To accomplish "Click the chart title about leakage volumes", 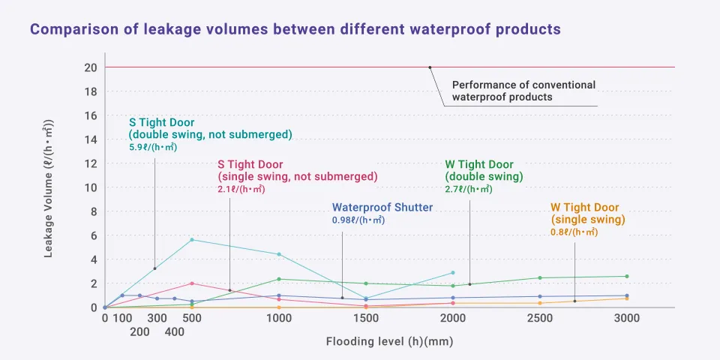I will click(x=295, y=30).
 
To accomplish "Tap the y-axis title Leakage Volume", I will click(x=49, y=187).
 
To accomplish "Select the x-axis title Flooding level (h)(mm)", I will click(x=389, y=341).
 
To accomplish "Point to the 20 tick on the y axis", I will click(x=91, y=67).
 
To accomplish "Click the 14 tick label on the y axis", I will click(x=91, y=139).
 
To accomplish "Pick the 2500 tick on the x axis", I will click(x=540, y=318).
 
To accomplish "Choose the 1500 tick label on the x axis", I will click(x=366, y=318).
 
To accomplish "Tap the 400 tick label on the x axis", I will click(x=174, y=331).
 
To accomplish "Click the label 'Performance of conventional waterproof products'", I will click(x=523, y=91).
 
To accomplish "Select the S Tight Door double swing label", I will click(x=210, y=128).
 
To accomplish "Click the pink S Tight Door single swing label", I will click(x=297, y=170).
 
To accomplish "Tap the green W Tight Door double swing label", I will click(x=484, y=170).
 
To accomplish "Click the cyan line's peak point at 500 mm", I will click(x=192, y=239).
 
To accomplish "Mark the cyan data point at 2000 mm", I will click(x=453, y=273).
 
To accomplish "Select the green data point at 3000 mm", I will click(x=627, y=276).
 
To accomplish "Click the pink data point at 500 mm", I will click(x=192, y=283).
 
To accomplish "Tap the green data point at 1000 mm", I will click(x=279, y=279).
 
